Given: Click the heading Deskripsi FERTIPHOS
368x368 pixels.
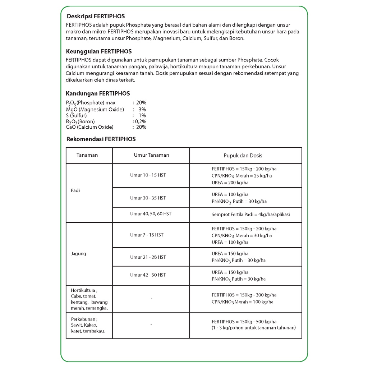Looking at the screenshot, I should [96, 16].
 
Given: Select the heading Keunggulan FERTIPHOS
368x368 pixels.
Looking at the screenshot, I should [99, 51].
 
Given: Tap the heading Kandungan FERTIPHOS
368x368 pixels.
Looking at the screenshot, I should [98, 93].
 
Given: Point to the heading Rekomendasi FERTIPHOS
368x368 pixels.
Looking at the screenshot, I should [101, 139].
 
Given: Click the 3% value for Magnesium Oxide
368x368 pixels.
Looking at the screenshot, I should [142, 109].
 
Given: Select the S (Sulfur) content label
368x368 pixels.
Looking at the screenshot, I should [76, 115].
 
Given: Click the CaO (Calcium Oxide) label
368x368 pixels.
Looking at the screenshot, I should [89, 127].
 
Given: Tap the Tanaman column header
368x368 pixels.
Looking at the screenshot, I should [87, 155].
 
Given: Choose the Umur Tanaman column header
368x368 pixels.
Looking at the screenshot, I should [151, 155].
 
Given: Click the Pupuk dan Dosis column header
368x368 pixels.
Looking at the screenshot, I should [243, 156].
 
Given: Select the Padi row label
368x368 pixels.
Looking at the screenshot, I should [75, 190].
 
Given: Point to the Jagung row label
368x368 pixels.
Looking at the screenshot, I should [78, 254].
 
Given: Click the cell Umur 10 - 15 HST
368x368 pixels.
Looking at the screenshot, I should [148, 175].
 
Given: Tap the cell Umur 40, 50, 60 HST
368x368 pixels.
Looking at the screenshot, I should [151, 214].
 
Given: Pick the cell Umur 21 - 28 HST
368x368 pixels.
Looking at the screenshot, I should [148, 257].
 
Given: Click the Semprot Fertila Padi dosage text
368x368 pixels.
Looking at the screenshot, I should [250, 215].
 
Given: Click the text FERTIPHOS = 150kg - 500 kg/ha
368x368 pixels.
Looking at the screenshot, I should [244, 322].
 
